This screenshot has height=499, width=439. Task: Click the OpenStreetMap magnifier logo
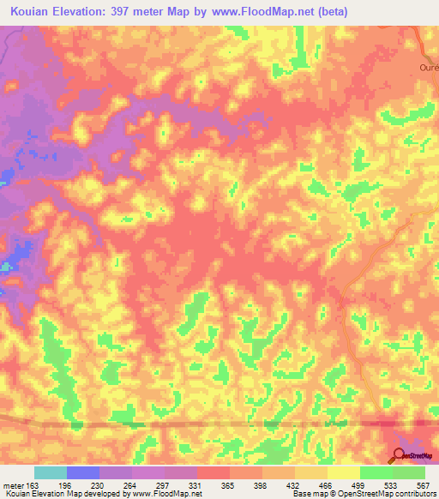[x=400, y=455]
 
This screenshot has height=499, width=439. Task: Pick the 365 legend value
[x=231, y=484]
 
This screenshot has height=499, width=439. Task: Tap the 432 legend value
[x=296, y=484]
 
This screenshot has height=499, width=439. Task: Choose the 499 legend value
[x=360, y=484]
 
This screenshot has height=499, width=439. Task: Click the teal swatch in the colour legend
[x=51, y=472]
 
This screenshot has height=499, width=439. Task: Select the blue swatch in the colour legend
[x=83, y=472]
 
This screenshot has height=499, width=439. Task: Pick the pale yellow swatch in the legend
[x=343, y=472]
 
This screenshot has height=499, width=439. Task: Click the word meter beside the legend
[x=13, y=484]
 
